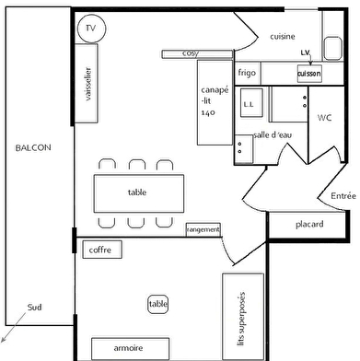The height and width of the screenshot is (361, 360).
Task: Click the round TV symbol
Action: click(90, 29)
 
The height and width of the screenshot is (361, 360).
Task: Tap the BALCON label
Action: click(33, 148)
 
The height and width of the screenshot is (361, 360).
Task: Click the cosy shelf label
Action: click(191, 53)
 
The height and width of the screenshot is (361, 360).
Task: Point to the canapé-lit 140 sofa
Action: click(214, 100)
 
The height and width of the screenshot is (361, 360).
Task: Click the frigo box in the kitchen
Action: click(247, 72)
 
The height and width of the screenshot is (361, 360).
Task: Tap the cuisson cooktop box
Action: click(308, 72)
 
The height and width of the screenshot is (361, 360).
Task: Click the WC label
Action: click(324, 119)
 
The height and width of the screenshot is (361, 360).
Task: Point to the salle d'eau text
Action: click(273, 135)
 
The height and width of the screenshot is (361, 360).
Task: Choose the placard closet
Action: click(308, 225)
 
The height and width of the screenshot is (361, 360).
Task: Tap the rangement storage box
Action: click(203, 229)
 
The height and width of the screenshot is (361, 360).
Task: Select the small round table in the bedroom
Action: click(158, 304)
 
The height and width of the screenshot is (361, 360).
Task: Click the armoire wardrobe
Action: click(128, 349)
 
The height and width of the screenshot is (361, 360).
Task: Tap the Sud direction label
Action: click(34, 308)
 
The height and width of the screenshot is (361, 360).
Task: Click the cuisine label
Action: click(282, 37)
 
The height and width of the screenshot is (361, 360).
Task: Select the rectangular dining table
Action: click(137, 192)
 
